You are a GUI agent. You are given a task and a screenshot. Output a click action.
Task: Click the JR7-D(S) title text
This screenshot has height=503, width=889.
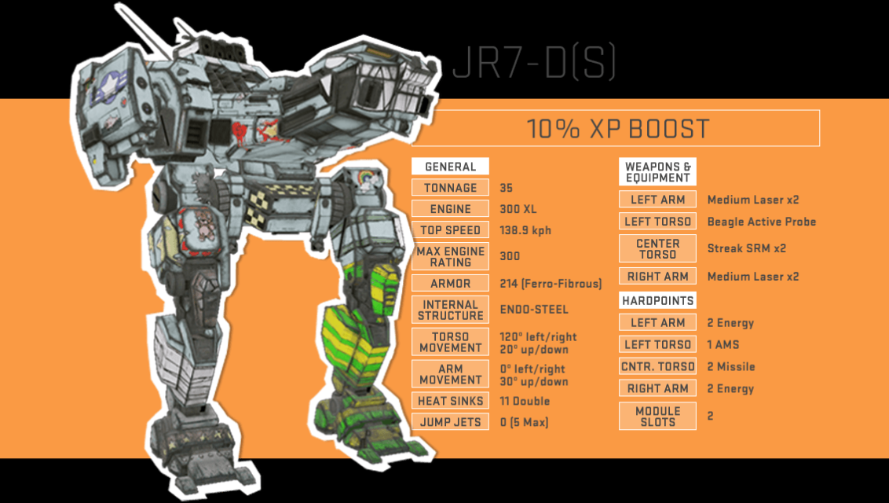pyautogui.click(x=534, y=62)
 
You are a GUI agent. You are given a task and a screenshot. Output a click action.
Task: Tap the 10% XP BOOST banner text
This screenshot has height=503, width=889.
pyautogui.click(x=618, y=129)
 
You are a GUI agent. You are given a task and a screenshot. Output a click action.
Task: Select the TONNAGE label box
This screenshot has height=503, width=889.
pyautogui.click(x=450, y=188)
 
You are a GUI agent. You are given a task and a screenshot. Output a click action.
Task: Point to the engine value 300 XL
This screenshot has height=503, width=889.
pyautogui.click(x=518, y=209)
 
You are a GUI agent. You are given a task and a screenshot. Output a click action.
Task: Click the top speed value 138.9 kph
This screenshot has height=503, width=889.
pyautogui.click(x=525, y=230)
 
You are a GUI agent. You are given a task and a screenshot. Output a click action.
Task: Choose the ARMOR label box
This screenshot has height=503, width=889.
pyautogui.click(x=450, y=283)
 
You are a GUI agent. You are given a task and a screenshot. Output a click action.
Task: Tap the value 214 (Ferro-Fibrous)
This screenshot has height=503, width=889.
pyautogui.click(x=551, y=284)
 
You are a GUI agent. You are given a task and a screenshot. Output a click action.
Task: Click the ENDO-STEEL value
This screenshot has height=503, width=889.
pyautogui.click(x=534, y=310)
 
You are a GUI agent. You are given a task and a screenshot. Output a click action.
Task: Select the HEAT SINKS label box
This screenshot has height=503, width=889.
pyautogui.click(x=450, y=401)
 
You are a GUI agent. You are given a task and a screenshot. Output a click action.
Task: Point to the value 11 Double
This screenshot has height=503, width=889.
pyautogui.click(x=525, y=401)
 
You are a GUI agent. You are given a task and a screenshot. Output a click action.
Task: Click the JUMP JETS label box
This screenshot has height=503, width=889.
pyautogui.click(x=450, y=422)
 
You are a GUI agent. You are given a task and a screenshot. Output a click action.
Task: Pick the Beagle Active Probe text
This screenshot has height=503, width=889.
pyautogui.click(x=762, y=222)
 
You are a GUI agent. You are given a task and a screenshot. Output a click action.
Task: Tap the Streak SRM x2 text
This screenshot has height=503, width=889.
pyautogui.click(x=747, y=248)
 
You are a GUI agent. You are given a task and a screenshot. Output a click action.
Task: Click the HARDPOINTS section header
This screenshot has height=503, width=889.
pyautogui.click(x=657, y=300)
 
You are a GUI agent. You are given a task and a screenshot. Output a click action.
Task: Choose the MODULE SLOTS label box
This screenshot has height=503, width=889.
pyautogui.click(x=657, y=417)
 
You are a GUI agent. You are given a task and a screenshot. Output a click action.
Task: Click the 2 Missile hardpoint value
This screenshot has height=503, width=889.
pyautogui.click(x=731, y=367)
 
